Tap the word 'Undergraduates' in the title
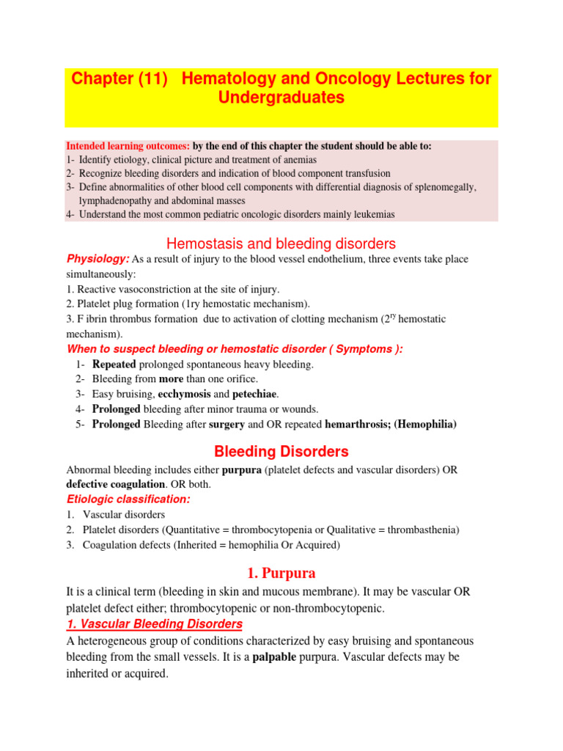tap(281, 98)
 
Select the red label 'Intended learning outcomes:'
tap(128, 146)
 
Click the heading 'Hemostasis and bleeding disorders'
tap(281, 243)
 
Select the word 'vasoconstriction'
tap(158, 289)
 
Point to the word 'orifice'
tap(240, 379)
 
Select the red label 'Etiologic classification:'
tap(128, 499)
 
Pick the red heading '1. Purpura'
tap(281, 574)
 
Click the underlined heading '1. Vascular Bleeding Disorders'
tap(154, 624)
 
